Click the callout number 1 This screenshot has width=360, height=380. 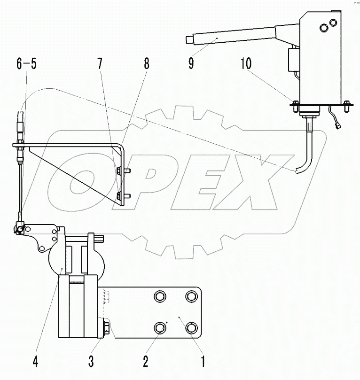click(x=203, y=362)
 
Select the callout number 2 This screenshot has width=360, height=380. click(x=147, y=362)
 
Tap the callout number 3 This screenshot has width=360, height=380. click(x=91, y=362)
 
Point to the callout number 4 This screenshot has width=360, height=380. click(x=36, y=362)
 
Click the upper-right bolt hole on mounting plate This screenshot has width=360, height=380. click(x=191, y=297)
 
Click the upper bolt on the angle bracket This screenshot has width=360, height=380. click(x=121, y=170)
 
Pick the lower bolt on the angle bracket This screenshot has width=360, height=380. click(x=121, y=194)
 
